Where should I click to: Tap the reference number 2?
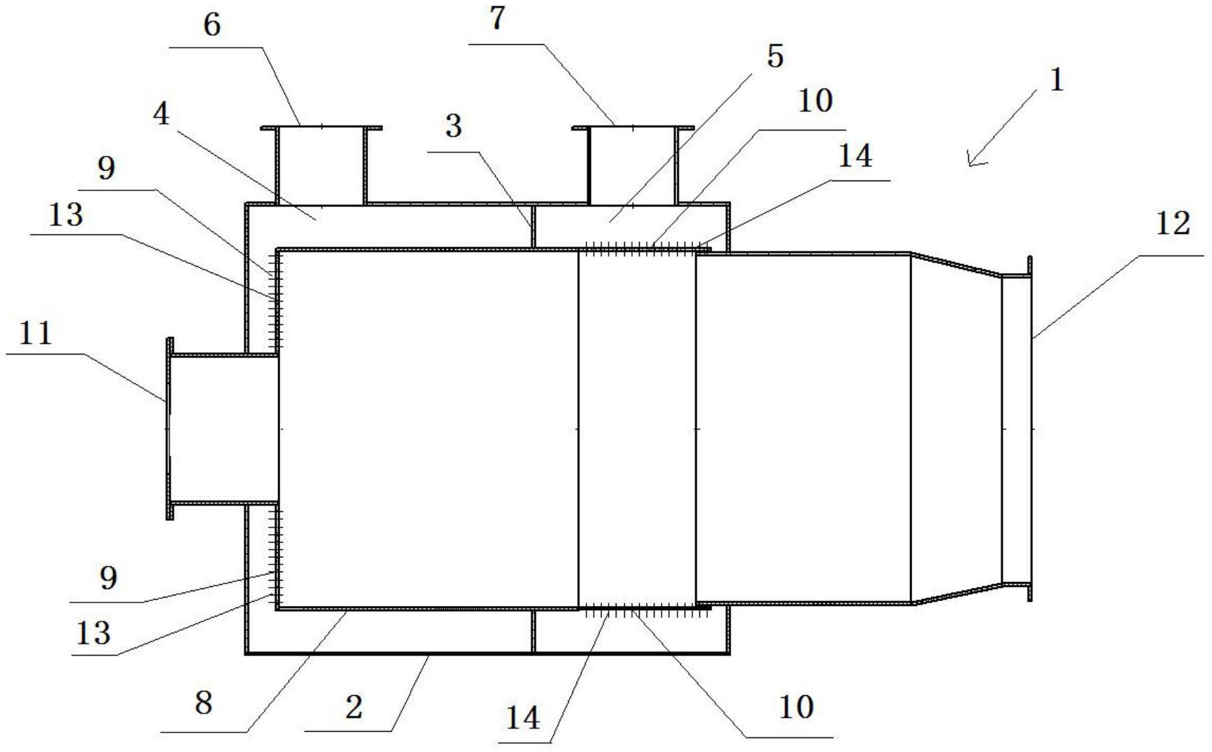point(354,706)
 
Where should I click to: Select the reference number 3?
point(454,126)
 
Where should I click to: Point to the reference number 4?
point(162,114)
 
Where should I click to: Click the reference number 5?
point(775,56)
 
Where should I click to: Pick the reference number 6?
point(211,25)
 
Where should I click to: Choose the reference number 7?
point(497,18)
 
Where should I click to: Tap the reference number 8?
point(204,702)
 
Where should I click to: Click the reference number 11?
point(35,333)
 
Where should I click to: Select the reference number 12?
point(1173,224)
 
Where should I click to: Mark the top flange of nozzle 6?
point(322,128)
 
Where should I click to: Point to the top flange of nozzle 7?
point(633,128)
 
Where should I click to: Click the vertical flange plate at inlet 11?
point(169,428)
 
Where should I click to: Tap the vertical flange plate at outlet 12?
point(1030,428)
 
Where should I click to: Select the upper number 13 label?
point(65,215)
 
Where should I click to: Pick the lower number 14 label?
point(523,718)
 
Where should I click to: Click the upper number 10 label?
point(815,101)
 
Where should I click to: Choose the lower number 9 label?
point(107,579)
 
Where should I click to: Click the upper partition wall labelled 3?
point(533,226)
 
